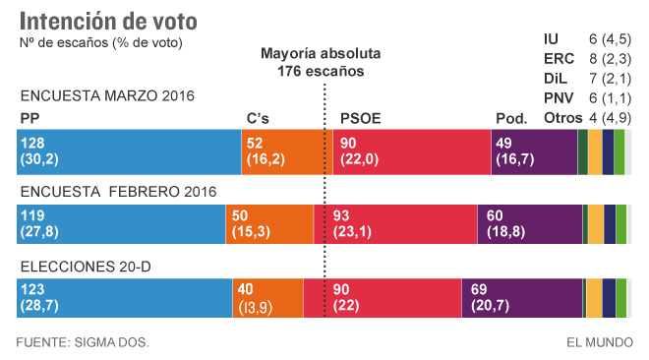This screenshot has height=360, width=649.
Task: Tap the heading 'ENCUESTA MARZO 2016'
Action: pyautogui.click(x=107, y=95)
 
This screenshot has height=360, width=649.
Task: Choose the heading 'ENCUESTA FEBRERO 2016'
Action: pyautogui.click(x=117, y=191)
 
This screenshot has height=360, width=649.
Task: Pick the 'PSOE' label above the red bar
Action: pyautogui.click(x=360, y=119)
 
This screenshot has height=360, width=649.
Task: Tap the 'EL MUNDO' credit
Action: pyautogui.click(x=598, y=342)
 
